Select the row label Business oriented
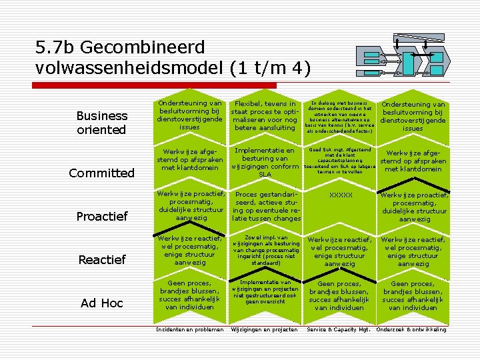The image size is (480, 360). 102,123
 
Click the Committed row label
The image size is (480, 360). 102,173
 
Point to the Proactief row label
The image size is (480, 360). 102,217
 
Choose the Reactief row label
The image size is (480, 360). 102,259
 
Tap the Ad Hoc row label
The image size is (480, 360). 102,303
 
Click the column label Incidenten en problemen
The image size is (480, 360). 189,329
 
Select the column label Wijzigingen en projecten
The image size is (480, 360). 265,329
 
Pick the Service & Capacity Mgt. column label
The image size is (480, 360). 338,329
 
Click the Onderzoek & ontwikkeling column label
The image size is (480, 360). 411,329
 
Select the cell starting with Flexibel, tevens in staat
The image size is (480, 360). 265,115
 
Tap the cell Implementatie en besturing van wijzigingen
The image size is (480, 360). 265,163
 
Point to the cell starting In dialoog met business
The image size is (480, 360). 338,117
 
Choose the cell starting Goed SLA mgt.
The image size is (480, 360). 339,161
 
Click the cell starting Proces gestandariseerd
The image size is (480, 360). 265,207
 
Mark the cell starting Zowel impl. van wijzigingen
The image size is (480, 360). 265,250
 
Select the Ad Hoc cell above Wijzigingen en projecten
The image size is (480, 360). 265,292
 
